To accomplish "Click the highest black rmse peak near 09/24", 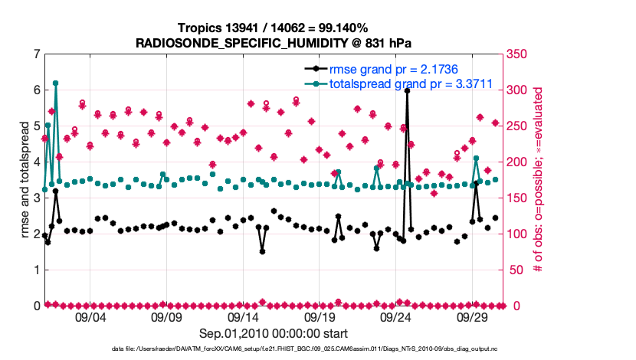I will tap(407, 90).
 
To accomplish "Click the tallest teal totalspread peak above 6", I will tap(56, 83).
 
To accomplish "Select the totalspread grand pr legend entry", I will tap(410, 83).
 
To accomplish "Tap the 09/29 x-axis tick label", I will tap(473, 318).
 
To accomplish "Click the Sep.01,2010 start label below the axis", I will tap(274, 333).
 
